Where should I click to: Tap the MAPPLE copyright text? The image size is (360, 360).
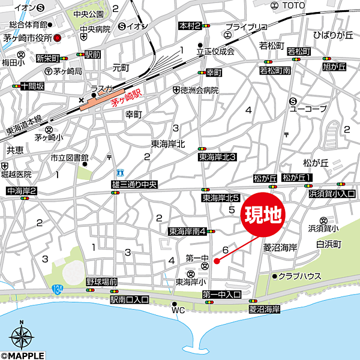23,355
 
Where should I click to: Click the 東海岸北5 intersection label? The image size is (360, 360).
221,197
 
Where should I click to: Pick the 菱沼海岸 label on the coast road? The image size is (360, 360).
265,309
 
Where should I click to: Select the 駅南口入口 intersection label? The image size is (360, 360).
130,299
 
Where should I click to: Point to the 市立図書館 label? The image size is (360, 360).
65,158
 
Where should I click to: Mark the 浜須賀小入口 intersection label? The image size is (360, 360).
332,194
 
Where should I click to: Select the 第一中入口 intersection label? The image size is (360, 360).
221,294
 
